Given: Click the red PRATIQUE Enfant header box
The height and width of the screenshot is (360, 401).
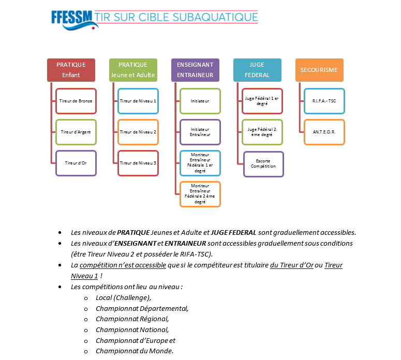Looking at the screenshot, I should [x=71, y=70].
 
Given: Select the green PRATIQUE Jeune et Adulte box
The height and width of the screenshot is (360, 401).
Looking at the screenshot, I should [x=133, y=70].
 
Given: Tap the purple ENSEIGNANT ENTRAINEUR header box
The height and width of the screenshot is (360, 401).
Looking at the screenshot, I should [x=195, y=70].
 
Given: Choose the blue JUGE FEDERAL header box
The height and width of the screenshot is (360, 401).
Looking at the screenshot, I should [x=257, y=70].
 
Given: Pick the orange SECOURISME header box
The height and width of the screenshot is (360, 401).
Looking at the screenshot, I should [x=319, y=70].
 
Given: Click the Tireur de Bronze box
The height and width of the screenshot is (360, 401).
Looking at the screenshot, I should [x=76, y=101].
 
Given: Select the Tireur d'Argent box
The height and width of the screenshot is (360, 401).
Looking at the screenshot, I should [x=76, y=132].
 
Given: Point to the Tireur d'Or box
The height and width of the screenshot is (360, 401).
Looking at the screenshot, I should [x=76, y=163].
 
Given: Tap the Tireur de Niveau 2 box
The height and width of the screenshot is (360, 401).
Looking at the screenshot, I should [x=138, y=132].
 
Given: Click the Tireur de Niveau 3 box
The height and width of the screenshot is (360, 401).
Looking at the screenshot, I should [x=138, y=163].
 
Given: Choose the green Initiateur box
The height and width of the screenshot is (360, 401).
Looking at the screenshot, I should [x=200, y=101].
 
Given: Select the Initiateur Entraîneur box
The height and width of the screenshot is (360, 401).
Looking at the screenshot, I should [x=200, y=132].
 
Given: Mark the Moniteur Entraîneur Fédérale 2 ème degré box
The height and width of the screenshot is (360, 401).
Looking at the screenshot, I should [x=200, y=194].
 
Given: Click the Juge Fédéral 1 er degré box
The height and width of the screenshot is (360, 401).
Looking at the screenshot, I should [x=262, y=101].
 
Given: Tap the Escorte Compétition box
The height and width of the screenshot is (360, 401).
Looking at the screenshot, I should [x=263, y=164].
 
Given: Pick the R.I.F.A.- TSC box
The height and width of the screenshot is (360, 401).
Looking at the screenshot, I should [x=324, y=101].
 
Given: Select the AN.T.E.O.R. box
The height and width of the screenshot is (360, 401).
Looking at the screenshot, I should [x=324, y=132].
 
